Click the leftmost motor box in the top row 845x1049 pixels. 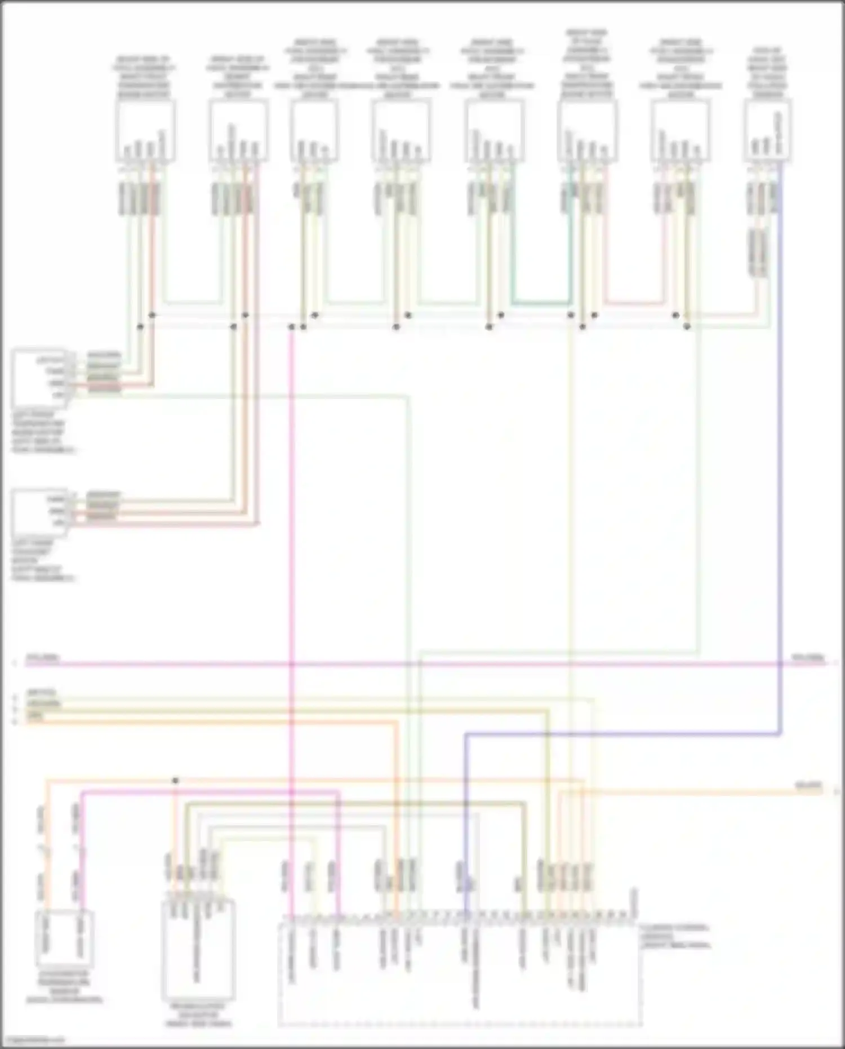coord(145,131)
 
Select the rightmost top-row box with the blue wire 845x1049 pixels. coord(767,131)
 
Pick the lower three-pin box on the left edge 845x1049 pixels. coord(39,512)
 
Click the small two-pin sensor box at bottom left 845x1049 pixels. coord(64,939)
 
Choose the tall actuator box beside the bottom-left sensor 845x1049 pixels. coord(198,950)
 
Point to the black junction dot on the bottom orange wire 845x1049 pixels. coord(175,781)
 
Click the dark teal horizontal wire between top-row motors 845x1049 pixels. coord(541,303)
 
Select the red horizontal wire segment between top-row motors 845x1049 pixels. coord(634,303)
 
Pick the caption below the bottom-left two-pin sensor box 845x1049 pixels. coord(64,986)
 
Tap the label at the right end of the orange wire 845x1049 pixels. coord(809,785)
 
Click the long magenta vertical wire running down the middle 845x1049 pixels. coord(291,564)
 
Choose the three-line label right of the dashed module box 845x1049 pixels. coord(675,936)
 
